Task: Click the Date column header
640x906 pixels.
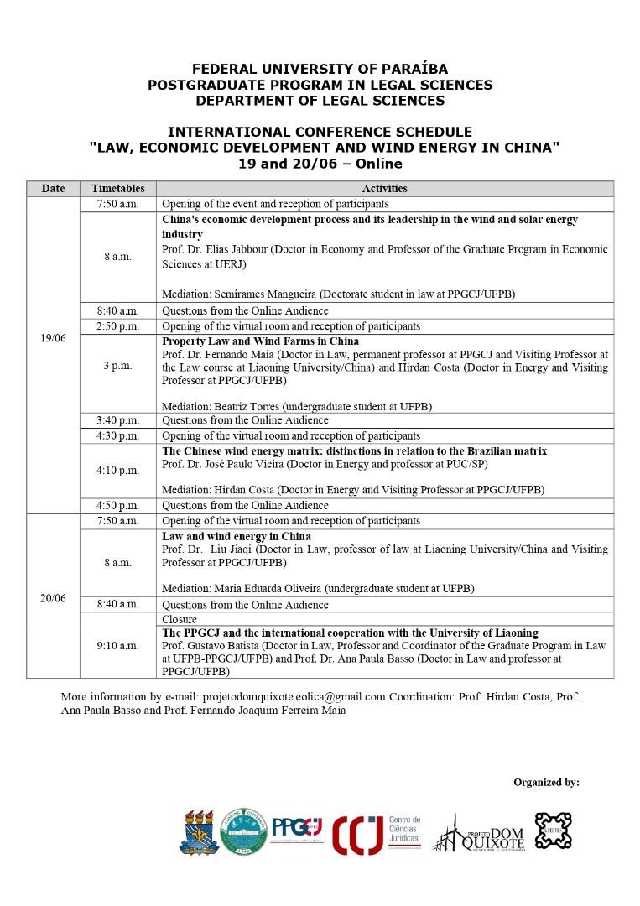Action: (x=53, y=189)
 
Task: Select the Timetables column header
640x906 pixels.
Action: (x=117, y=189)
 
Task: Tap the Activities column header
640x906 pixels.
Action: (x=384, y=189)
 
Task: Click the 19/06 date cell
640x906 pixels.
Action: (x=53, y=338)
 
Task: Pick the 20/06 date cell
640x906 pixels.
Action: (x=53, y=598)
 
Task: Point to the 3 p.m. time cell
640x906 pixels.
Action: (x=117, y=366)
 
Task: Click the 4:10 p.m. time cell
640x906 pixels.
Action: (x=117, y=470)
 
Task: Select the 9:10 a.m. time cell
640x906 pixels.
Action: (x=117, y=645)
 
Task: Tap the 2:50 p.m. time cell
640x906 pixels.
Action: (x=117, y=325)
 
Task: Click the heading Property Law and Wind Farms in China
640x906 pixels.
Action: (x=260, y=341)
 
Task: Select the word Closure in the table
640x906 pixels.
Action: (x=179, y=619)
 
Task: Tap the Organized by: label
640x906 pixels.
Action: (x=546, y=782)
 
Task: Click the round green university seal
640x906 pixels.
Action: (x=244, y=831)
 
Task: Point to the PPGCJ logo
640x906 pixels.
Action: (x=297, y=828)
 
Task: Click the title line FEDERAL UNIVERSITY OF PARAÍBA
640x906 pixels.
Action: (x=320, y=69)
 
